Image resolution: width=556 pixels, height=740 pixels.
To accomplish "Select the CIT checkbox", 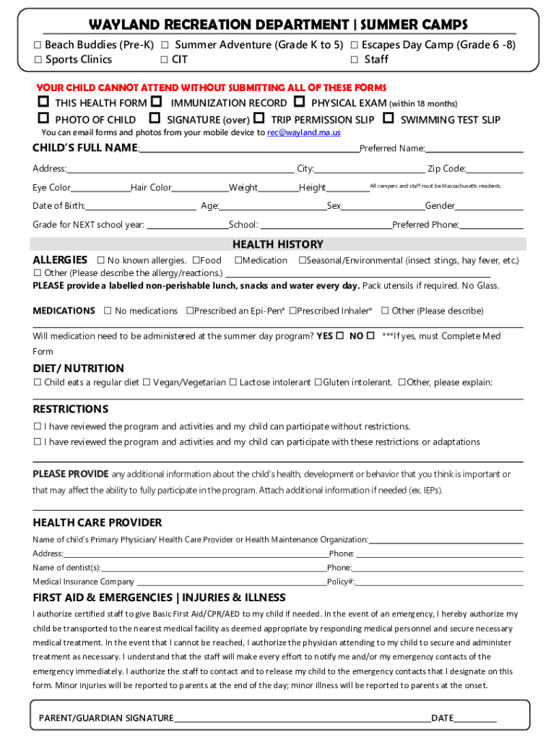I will pos(165,60).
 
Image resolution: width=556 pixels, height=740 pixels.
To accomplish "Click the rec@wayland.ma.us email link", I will pos(304,133).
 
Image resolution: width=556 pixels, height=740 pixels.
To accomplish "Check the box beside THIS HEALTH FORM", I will pos(43,103).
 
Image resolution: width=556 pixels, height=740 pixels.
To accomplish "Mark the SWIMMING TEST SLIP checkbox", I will pos(388,119).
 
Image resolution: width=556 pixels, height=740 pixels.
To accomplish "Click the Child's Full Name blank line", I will pos(248,150).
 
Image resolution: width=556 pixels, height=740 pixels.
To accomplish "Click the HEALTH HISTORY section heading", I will pos(277,244).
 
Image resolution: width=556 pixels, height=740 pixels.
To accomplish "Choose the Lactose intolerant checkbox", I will pos(233,382).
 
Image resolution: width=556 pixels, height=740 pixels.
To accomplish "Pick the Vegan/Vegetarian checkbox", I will pos(146,382).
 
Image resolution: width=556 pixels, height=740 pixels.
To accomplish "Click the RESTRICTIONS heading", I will pos(71,409).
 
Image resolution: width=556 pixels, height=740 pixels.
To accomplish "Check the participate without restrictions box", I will pos(38,426).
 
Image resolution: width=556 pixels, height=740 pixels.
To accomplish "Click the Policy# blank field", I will pos(439,582).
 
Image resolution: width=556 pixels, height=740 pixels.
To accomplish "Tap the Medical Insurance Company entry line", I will pos(231,582).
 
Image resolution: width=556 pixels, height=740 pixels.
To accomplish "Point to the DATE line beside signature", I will pos(475,719).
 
